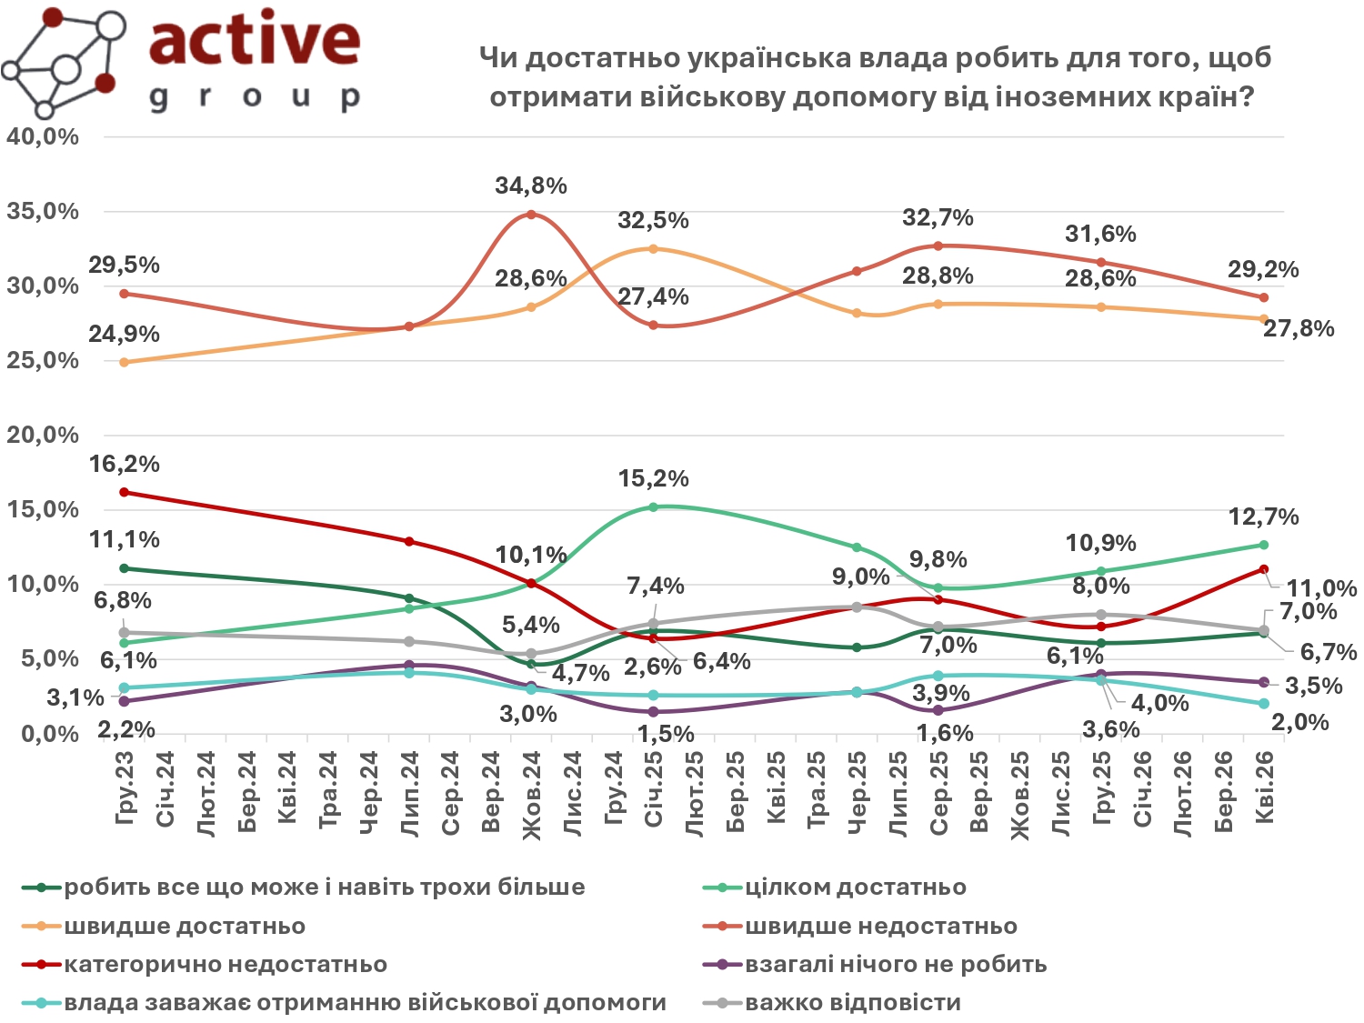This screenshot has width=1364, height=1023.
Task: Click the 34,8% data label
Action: pyautogui.click(x=531, y=186)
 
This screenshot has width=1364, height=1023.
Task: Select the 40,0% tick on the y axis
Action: pyautogui.click(x=43, y=137)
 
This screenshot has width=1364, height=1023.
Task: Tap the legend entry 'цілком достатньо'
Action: pyautogui.click(x=855, y=888)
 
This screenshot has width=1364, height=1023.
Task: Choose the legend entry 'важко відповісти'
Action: pyautogui.click(x=852, y=1003)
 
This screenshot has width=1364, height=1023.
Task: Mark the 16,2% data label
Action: pyautogui.click(x=124, y=464)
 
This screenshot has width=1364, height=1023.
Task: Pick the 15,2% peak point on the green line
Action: pyautogui.click(x=654, y=506)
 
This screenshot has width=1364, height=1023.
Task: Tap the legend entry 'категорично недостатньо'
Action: pyautogui.click(x=225, y=965)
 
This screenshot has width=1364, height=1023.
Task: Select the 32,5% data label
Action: pyautogui.click(x=653, y=220)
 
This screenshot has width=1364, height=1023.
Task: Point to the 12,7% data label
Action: pyautogui.click(x=1263, y=517)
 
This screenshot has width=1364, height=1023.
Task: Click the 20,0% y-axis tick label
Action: pyautogui.click(x=43, y=435)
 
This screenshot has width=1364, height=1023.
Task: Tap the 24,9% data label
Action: pyautogui.click(x=124, y=334)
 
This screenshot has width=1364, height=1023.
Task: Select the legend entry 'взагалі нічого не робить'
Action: pyautogui.click(x=896, y=965)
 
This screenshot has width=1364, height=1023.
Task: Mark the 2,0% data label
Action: pyautogui.click(x=1299, y=723)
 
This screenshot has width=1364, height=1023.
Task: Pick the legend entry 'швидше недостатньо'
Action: pyautogui.click(x=880, y=927)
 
